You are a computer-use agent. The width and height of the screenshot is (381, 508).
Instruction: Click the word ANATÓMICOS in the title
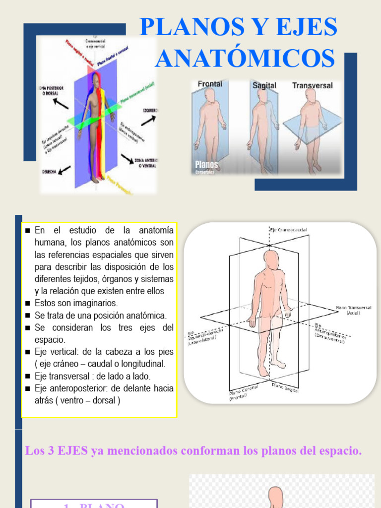coord(245,59)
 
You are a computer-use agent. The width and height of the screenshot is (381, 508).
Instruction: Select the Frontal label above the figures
coord(210,84)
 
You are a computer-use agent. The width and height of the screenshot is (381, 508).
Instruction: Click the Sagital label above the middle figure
coord(264,85)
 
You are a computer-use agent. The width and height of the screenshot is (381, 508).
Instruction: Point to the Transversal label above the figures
coord(313,85)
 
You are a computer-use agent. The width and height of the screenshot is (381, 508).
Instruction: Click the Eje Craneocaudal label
coord(289,230)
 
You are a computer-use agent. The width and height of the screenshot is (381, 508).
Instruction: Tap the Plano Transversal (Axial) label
coord(353,311)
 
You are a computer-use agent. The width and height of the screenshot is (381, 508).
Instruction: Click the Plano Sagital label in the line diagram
coord(285,388)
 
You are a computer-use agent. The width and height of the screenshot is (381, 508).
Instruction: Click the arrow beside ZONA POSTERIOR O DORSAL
coord(62,103)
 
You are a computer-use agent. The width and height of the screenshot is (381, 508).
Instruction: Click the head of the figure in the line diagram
coord(271,259)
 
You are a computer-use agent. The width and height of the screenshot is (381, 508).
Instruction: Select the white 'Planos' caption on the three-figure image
coord(206,164)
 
